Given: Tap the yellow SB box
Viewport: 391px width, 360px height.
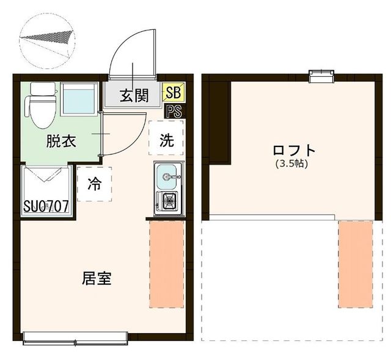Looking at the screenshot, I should (x=173, y=93).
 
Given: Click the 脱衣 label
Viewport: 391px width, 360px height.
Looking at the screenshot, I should (x=61, y=142).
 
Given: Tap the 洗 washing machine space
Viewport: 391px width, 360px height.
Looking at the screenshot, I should (x=166, y=140).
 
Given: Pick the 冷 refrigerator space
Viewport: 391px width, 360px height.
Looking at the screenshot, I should (x=95, y=184).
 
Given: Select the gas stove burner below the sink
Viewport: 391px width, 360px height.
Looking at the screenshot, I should (x=166, y=200).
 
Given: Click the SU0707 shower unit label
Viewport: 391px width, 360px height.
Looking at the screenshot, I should (x=46, y=206).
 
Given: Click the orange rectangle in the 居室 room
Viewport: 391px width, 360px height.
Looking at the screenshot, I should (x=166, y=264).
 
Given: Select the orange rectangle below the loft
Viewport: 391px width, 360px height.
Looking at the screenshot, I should (x=356, y=264).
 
